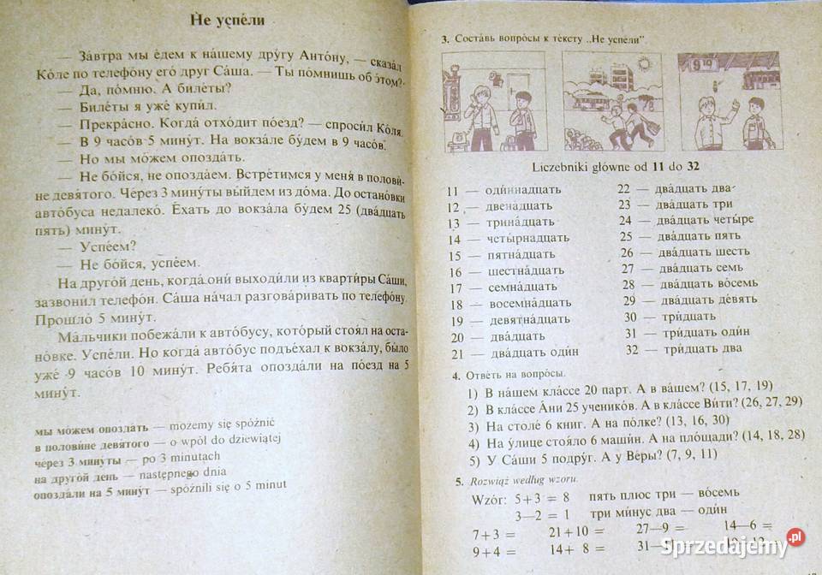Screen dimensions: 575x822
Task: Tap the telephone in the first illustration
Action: coord(456,134)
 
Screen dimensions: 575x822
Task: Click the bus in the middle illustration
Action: coord(599,101)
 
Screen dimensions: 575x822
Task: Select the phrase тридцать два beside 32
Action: coord(706,348)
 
